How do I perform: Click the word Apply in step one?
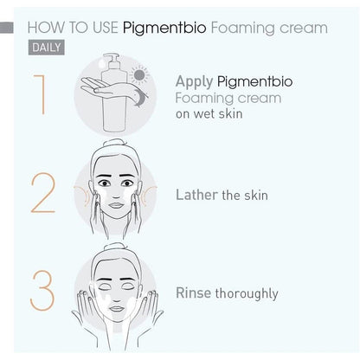tap(195, 82)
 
